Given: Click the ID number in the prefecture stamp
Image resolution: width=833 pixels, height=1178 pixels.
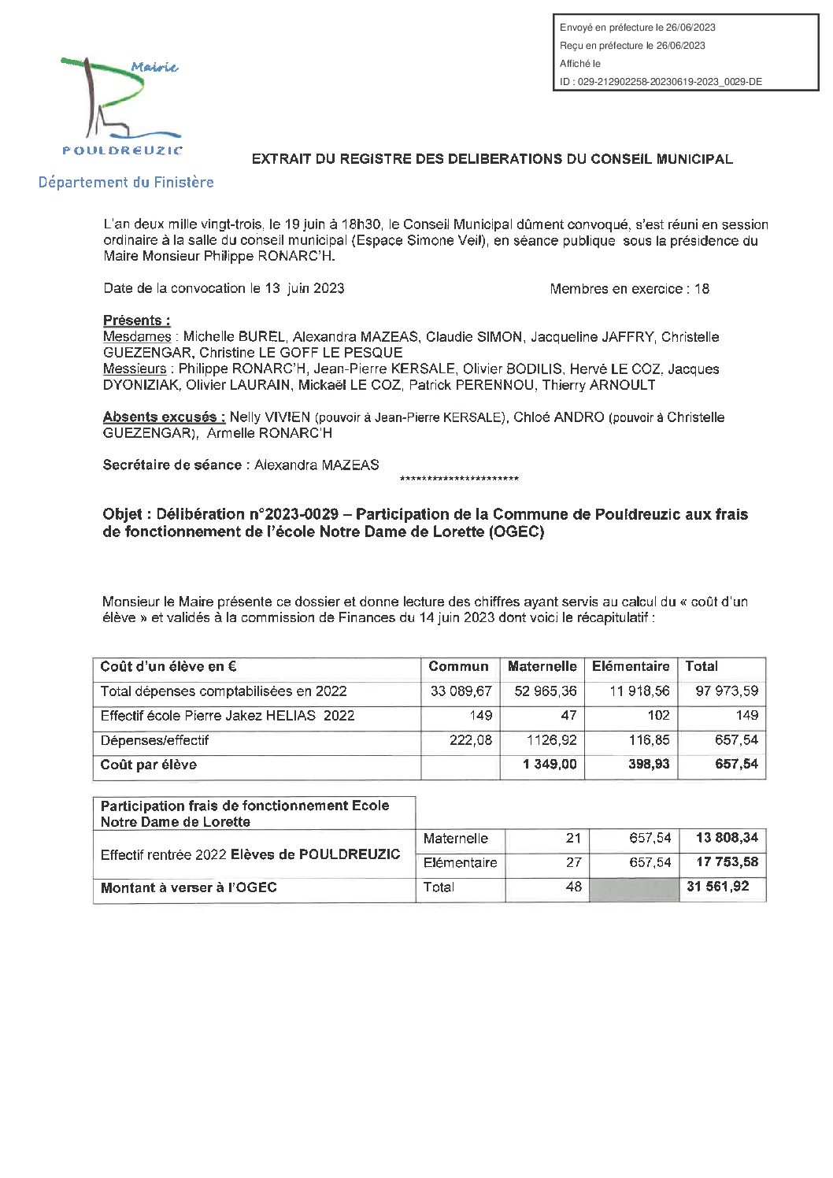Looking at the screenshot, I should tap(661, 82).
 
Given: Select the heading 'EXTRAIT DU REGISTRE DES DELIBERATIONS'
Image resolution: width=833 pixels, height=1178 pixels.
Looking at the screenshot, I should tap(492, 159).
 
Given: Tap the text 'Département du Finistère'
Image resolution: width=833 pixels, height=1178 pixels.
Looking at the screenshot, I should tap(126, 183).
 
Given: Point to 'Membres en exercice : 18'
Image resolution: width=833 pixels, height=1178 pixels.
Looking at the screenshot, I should tap(629, 289).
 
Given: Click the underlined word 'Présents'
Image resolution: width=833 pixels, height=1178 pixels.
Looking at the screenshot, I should tap(136, 320).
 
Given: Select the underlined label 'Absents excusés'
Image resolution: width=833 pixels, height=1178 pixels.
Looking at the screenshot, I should tap(164, 417).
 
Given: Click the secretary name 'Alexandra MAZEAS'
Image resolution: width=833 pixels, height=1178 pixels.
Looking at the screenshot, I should tap(317, 465).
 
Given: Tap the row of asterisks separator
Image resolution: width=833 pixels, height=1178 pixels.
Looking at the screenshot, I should tap(459, 480).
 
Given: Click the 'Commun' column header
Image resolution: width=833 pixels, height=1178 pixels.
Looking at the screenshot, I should tap(458, 667).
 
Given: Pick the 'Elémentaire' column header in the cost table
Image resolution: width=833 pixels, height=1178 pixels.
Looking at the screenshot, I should tap(631, 667).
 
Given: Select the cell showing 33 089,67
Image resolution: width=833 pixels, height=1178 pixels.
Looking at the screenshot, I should tap(461, 691).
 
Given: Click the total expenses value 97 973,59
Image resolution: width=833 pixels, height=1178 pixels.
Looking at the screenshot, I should tap(727, 691).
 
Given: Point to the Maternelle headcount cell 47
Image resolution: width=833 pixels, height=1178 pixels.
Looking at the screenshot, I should tap(568, 716).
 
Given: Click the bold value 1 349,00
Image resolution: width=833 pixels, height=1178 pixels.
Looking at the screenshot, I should tap(550, 765).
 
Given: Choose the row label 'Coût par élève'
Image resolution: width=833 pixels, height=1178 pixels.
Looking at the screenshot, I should tap(149, 765).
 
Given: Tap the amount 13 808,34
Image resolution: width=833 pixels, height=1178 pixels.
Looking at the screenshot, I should tap(727, 838).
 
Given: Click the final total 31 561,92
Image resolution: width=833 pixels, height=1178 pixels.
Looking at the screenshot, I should tap(717, 887).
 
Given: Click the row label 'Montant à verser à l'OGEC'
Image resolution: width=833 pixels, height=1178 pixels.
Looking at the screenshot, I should tap(189, 888).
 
